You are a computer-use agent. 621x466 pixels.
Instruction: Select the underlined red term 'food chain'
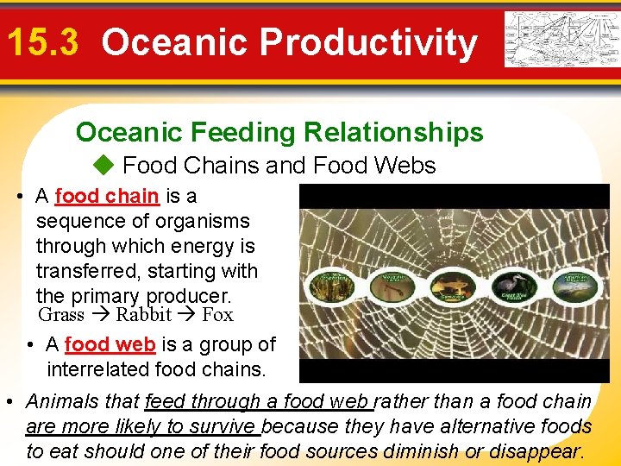coord(106,196)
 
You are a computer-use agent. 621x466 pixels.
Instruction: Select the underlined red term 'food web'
coord(110,344)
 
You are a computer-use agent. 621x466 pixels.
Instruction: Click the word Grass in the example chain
coord(61,314)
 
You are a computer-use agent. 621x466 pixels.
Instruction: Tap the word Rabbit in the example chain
coord(144,314)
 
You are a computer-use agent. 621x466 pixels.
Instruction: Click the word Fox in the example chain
coord(217,314)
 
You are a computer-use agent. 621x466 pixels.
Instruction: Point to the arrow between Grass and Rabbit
coord(100,314)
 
